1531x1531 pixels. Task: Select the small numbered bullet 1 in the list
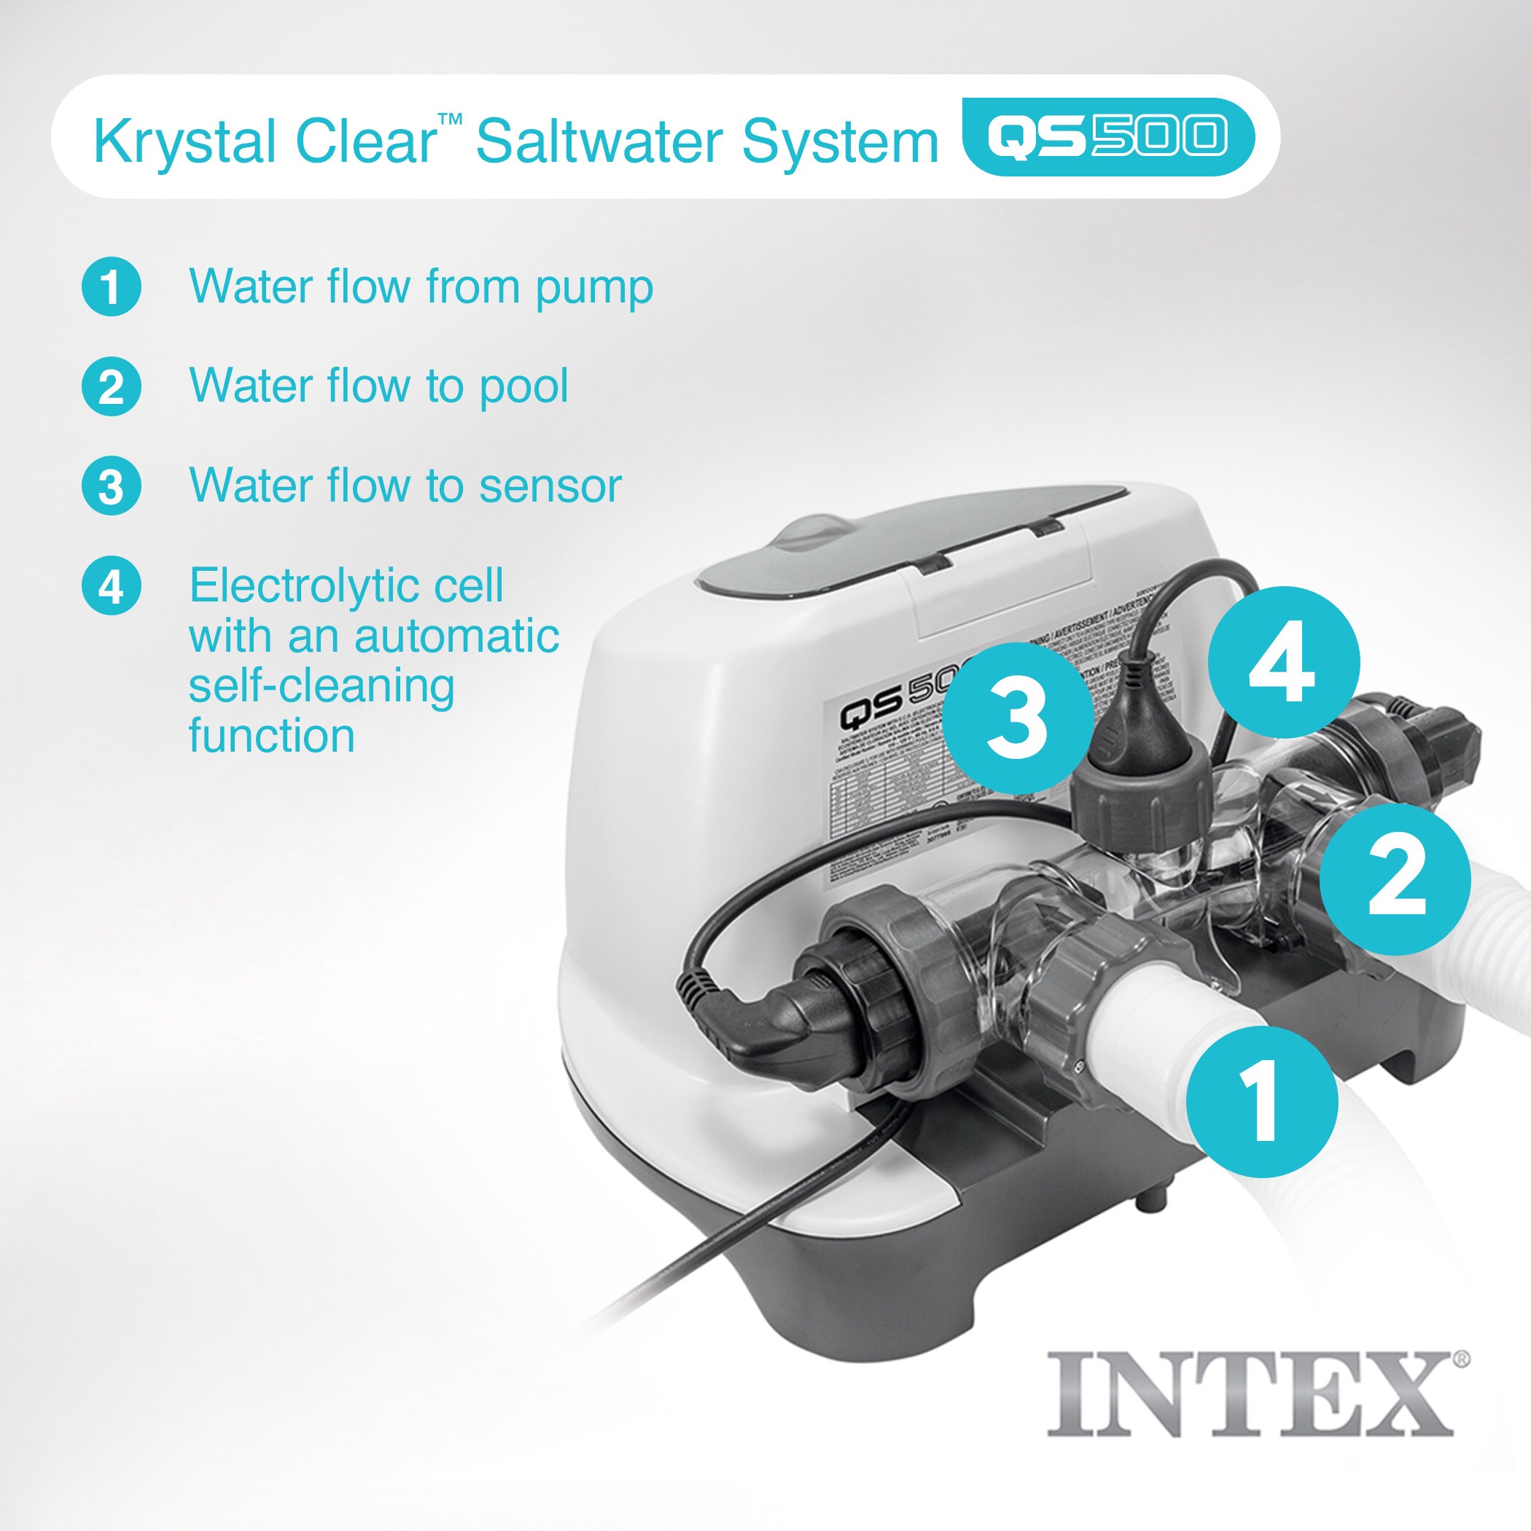[x=112, y=287]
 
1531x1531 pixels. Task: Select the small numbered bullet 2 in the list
[x=112, y=386]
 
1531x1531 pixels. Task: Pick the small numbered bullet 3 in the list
[x=112, y=486]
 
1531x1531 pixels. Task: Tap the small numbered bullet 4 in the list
[x=112, y=586]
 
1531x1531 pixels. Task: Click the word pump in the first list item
[x=594, y=289]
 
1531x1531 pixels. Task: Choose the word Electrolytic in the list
[x=346, y=586]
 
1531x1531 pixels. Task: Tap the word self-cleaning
[x=322, y=686]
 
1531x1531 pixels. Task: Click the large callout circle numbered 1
[x=1261, y=1102]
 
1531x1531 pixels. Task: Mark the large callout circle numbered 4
[x=1284, y=662]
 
